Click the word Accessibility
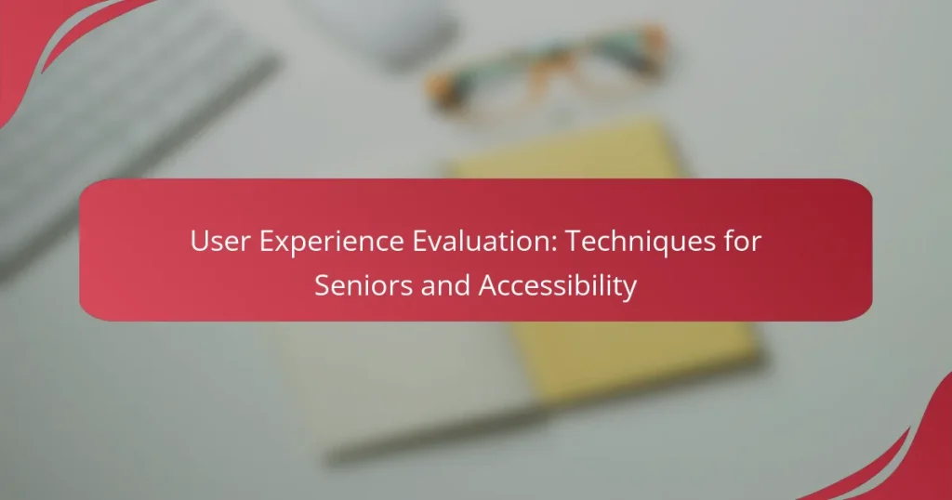[558, 287]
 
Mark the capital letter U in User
[198, 242]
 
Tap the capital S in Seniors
[322, 285]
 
